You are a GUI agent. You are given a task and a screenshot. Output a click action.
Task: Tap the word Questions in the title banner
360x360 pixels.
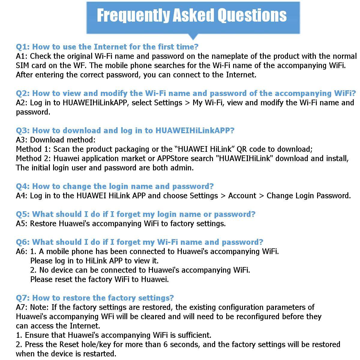(x=252, y=16)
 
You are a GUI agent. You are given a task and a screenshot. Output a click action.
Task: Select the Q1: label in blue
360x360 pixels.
(x=23, y=47)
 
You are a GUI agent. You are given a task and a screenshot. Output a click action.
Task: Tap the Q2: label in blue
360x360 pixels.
(x=23, y=93)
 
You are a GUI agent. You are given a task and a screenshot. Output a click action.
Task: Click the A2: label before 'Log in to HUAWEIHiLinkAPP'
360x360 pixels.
(x=22, y=103)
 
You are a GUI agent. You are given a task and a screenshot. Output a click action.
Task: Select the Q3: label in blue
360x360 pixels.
(x=23, y=130)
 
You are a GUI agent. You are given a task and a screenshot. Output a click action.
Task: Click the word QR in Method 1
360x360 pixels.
(x=242, y=149)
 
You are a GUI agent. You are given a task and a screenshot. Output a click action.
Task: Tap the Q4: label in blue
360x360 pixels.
(x=23, y=186)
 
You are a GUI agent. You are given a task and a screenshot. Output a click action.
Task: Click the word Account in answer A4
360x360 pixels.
(x=242, y=196)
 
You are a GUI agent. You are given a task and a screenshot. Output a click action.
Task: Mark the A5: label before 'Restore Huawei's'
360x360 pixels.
(x=22, y=223)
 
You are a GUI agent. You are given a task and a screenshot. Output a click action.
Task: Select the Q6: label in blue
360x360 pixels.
(x=23, y=242)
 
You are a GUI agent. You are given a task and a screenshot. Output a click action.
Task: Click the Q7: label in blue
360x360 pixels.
(x=23, y=298)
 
